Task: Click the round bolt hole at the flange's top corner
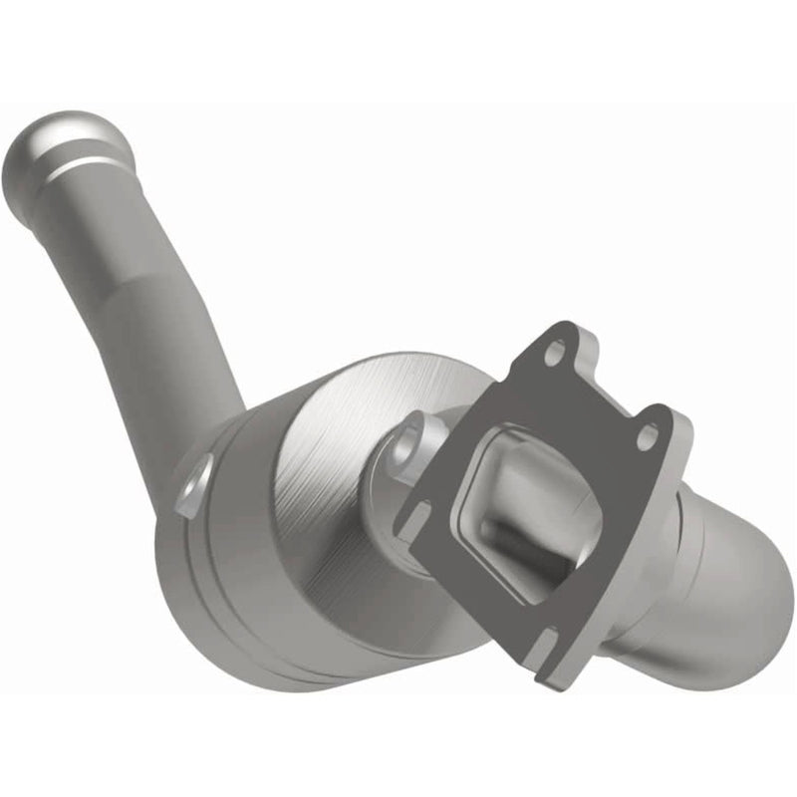(555, 350)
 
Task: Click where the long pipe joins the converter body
(189, 438)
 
